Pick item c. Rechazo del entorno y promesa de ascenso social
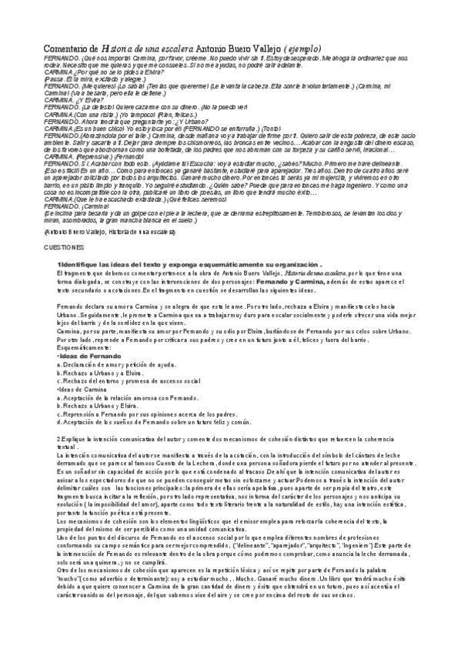(129, 381)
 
